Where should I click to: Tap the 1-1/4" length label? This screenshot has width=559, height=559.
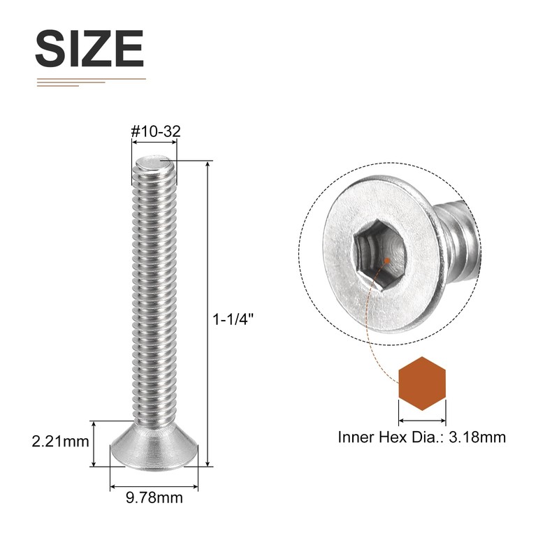[x=233, y=318]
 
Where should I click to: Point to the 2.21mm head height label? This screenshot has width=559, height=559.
[x=59, y=442]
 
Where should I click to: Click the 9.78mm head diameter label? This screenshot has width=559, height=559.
[x=154, y=498]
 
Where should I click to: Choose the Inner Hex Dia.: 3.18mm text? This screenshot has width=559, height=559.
[x=421, y=438]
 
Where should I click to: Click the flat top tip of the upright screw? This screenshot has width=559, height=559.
[x=154, y=163]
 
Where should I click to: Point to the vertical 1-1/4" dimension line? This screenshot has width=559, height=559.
[x=208, y=314]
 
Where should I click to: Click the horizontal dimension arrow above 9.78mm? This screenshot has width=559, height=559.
[x=154, y=484]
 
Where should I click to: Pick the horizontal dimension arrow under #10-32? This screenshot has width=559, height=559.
[x=154, y=141]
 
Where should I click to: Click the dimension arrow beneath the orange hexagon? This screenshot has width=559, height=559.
[x=422, y=421]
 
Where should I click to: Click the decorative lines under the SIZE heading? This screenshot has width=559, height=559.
[x=91, y=82]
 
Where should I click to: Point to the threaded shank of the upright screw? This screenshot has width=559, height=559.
[x=154, y=293]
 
